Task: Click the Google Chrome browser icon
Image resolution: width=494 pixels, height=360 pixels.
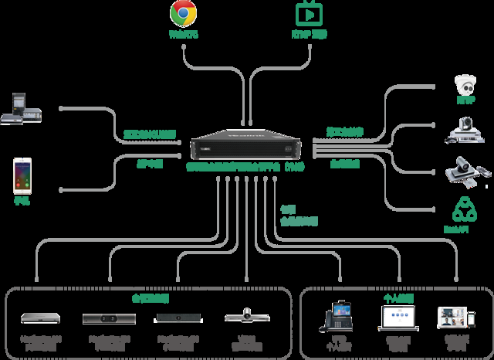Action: click(x=183, y=13)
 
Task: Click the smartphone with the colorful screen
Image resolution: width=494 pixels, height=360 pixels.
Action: click(x=22, y=175)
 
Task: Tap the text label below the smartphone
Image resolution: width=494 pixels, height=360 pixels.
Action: click(x=22, y=200)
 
